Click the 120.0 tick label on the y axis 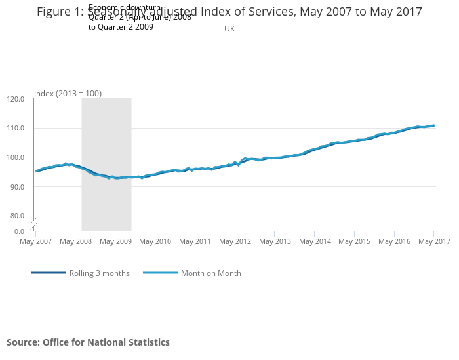[x=15, y=99]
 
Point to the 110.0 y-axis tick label [x=15, y=128]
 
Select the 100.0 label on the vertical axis [x=15, y=157]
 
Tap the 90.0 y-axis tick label [x=17, y=186]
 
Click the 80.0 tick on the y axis [x=17, y=216]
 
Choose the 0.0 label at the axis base [x=19, y=231]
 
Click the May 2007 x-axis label [x=35, y=242]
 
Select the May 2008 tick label [x=75, y=242]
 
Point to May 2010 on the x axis [x=155, y=242]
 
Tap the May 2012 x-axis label [x=235, y=242]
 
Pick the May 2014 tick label [x=315, y=242]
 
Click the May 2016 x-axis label [x=394, y=242]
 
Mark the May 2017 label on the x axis [x=434, y=242]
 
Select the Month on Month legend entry [x=210, y=273]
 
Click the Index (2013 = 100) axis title [x=68, y=94]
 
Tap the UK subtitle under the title [x=229, y=29]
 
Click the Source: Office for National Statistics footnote [x=88, y=342]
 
